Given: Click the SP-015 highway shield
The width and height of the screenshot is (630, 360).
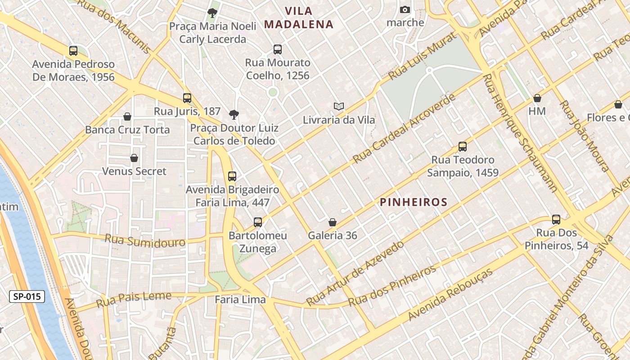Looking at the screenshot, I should coord(27,297).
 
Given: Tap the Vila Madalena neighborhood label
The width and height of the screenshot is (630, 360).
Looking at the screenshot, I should coord(299,18).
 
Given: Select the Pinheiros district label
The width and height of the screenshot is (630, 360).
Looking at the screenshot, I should coord(414,202).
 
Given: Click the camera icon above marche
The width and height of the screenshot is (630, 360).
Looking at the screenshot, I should coord(405,9).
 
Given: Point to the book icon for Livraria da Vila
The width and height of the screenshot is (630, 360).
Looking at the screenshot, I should coord(339,106).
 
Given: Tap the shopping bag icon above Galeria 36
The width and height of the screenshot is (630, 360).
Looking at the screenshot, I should coord(333,222).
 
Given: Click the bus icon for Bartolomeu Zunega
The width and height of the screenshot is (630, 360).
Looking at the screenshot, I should coord(258,222).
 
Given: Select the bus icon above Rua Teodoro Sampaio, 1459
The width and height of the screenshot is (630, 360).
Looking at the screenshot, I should coord(463,147).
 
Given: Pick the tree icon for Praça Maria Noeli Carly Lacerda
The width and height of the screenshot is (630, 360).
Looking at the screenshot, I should coord(212,13).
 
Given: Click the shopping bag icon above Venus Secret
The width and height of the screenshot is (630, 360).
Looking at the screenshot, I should coord(134,158).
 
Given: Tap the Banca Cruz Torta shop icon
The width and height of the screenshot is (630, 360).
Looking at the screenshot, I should coord(127,117).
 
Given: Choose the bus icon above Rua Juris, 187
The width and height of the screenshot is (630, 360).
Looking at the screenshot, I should coord(187,98).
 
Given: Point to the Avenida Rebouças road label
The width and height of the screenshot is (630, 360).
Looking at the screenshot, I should coord(450,295).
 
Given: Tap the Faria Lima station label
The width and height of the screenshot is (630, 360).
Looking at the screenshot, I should coord(240,299).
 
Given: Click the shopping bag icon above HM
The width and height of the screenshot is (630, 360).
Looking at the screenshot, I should coord(537,98).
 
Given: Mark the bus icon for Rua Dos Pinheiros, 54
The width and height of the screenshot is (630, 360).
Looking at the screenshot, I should coord(556,220).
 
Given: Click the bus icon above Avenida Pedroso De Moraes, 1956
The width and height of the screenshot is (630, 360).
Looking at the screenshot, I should coord(73,51).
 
